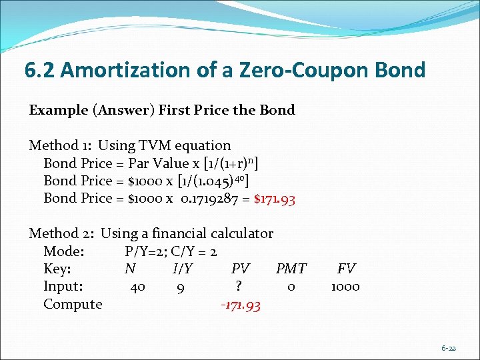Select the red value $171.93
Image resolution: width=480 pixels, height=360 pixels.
pyautogui.click(x=275, y=198)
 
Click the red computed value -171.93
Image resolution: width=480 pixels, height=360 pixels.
pyautogui.click(x=240, y=305)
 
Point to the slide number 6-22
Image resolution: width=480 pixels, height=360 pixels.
pyautogui.click(x=449, y=348)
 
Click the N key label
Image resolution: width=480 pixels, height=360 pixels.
pyautogui.click(x=130, y=269)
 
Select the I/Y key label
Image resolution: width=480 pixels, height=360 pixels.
pyautogui.click(x=182, y=269)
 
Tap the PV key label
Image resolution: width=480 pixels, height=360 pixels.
pyautogui.click(x=240, y=269)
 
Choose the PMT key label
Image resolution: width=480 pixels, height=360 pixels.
pyautogui.click(x=291, y=269)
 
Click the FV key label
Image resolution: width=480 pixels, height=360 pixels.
pyautogui.click(x=346, y=269)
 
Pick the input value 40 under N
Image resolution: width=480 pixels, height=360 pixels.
pyautogui.click(x=138, y=287)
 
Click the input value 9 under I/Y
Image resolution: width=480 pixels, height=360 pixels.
pyautogui.click(x=181, y=288)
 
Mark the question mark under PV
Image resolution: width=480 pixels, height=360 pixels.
pyautogui.click(x=238, y=287)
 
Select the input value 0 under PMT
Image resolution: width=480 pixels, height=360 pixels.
pyautogui.click(x=291, y=287)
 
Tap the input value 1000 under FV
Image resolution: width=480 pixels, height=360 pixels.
pyautogui.click(x=345, y=287)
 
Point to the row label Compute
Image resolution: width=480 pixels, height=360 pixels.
pyautogui.click(x=73, y=305)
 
